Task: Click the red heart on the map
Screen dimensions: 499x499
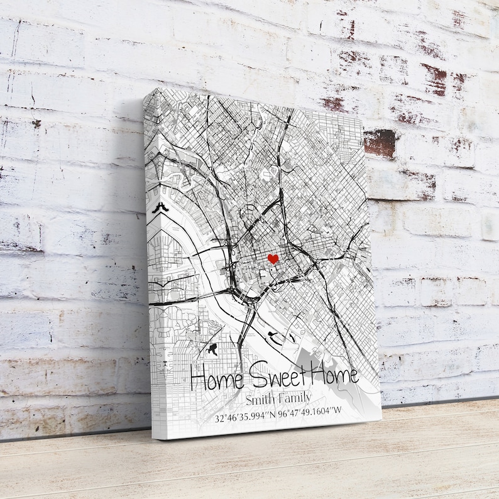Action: coord(273,258)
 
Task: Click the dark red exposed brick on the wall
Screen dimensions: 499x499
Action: coord(380,143)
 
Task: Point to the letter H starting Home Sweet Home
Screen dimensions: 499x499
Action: coord(198,380)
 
